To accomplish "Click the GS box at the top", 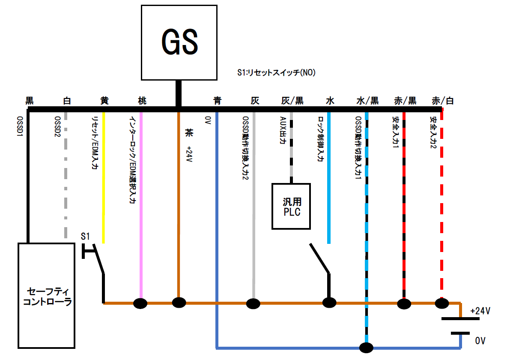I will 179,42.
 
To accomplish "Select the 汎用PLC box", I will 291,206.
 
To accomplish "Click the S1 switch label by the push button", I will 85,236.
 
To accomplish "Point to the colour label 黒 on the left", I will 30,101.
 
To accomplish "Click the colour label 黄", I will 104,101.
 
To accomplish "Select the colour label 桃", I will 142,101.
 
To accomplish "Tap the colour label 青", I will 217,101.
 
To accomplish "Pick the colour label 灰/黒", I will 292,101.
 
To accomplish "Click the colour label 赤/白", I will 443,101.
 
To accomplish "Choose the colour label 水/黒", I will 367,101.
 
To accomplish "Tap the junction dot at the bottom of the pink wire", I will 140,303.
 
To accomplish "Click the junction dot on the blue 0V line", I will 367,347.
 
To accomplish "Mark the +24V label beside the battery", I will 480,311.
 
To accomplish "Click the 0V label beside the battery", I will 480,341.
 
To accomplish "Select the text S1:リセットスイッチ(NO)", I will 276,73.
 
